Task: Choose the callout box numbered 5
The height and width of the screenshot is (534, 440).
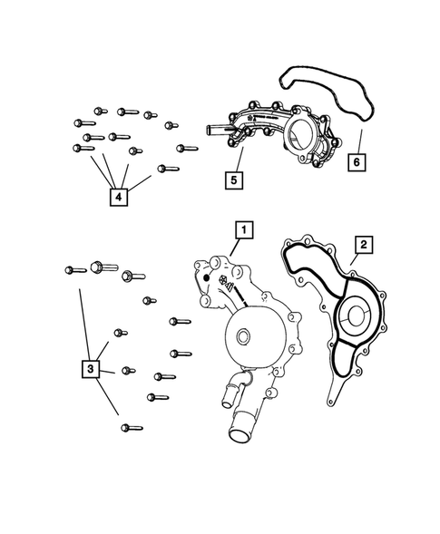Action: click(x=233, y=180)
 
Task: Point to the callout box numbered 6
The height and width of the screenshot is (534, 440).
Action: click(x=357, y=161)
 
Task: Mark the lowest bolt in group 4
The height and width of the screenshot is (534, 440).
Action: click(x=166, y=168)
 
